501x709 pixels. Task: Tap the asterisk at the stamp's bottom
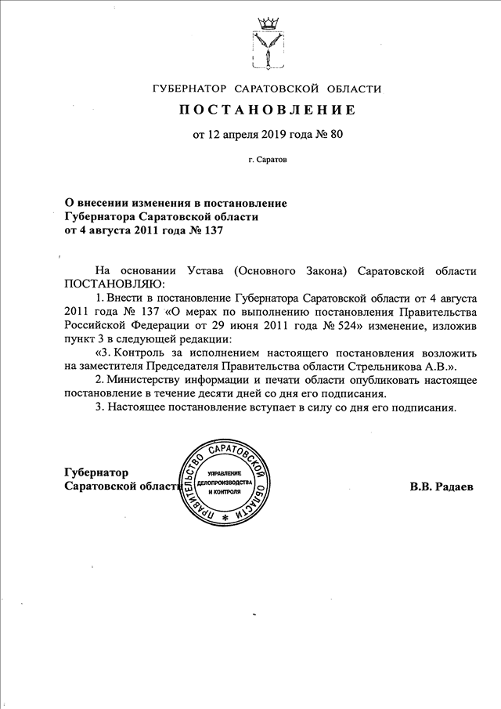(x=225, y=519)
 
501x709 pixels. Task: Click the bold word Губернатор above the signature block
(x=97, y=472)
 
